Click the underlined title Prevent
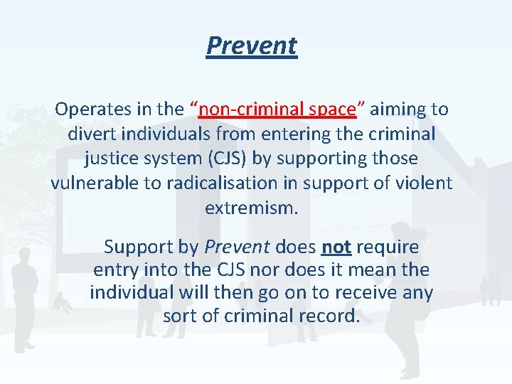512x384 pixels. click(252, 46)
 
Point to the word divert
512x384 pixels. click(90, 134)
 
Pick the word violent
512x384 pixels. click(422, 183)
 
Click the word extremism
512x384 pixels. click(251, 208)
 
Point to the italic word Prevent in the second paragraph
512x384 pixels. click(237, 247)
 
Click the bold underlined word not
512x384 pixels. click(336, 247)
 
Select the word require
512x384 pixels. click(388, 247)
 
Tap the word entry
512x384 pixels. click(114, 270)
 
